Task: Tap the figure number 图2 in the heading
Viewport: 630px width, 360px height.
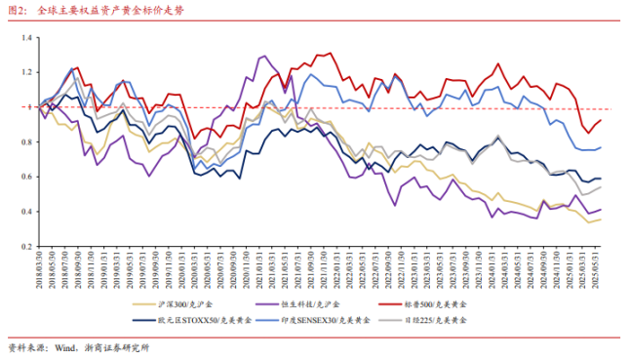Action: (17, 13)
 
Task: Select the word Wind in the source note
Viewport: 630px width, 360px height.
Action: (68, 347)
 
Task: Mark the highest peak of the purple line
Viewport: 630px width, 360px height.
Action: (264, 57)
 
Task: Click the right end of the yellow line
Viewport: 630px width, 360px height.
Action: (601, 220)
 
